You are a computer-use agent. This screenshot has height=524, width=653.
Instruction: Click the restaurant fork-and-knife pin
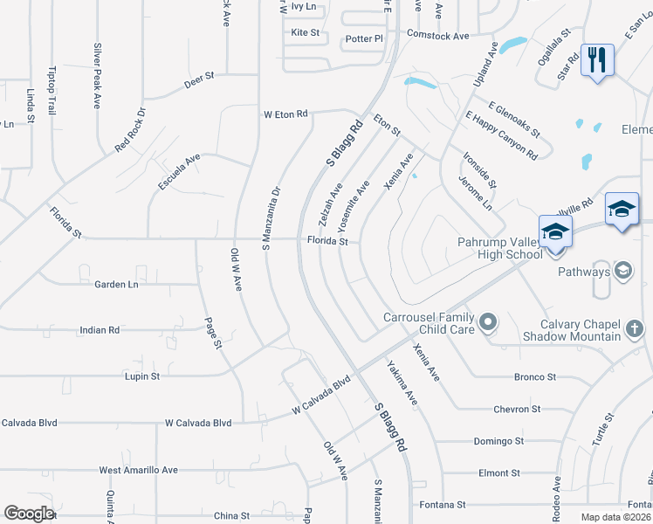(x=597, y=60)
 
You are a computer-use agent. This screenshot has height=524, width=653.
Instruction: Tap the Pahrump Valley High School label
(x=498, y=247)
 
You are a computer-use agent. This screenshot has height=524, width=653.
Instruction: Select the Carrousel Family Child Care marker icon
(x=488, y=324)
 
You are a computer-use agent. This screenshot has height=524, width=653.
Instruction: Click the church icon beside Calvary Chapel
(x=635, y=329)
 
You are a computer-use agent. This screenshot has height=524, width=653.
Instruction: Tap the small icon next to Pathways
(x=623, y=271)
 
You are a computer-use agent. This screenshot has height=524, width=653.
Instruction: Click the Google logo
(x=29, y=513)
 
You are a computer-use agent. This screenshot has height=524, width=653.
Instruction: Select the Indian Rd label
(x=99, y=330)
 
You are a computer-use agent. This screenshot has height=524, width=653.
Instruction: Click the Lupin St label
(x=143, y=376)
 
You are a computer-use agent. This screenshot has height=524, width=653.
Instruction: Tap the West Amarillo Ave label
(x=138, y=470)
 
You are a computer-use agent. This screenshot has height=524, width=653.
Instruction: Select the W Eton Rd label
(x=286, y=114)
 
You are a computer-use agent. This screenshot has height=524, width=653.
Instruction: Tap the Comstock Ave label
(x=438, y=37)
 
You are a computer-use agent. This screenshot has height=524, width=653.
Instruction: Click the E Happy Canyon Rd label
(x=501, y=134)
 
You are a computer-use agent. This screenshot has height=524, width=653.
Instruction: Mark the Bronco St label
(x=537, y=377)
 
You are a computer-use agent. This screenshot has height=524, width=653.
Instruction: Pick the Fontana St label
(x=442, y=505)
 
